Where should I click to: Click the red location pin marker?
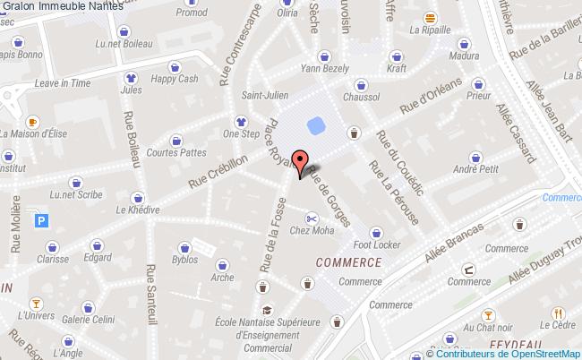(x=303, y=161)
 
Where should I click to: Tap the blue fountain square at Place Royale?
(x=314, y=123)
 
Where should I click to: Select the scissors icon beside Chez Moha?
(x=311, y=218)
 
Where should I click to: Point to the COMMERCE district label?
(x=348, y=262)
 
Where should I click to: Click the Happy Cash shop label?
(x=174, y=80)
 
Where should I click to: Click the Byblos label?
(x=185, y=261)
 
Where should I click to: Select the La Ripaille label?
(x=430, y=30)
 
